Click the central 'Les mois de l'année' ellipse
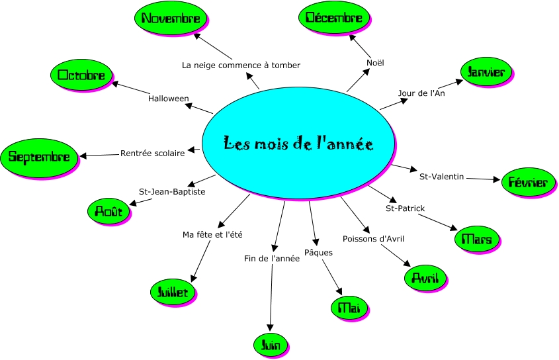298,144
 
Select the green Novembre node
171,19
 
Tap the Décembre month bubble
334,18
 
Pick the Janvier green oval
486,72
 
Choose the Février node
529,182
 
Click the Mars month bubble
477,239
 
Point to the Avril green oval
425,277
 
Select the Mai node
349,307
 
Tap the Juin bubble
271,344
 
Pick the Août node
108,211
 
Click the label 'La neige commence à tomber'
241,66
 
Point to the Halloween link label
169,99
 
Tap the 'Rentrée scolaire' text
153,154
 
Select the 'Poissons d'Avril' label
373,238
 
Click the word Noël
375,63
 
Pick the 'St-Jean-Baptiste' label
172,192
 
